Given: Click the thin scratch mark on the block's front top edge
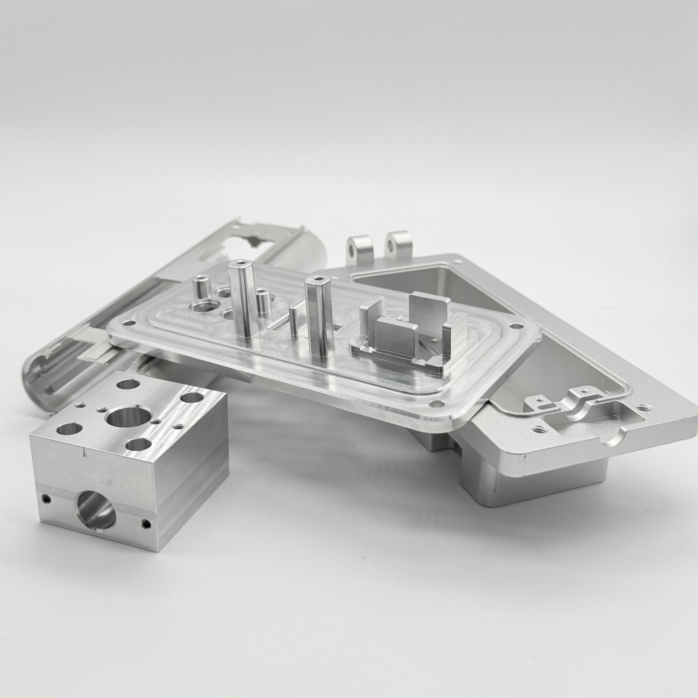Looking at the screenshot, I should pos(84,452).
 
